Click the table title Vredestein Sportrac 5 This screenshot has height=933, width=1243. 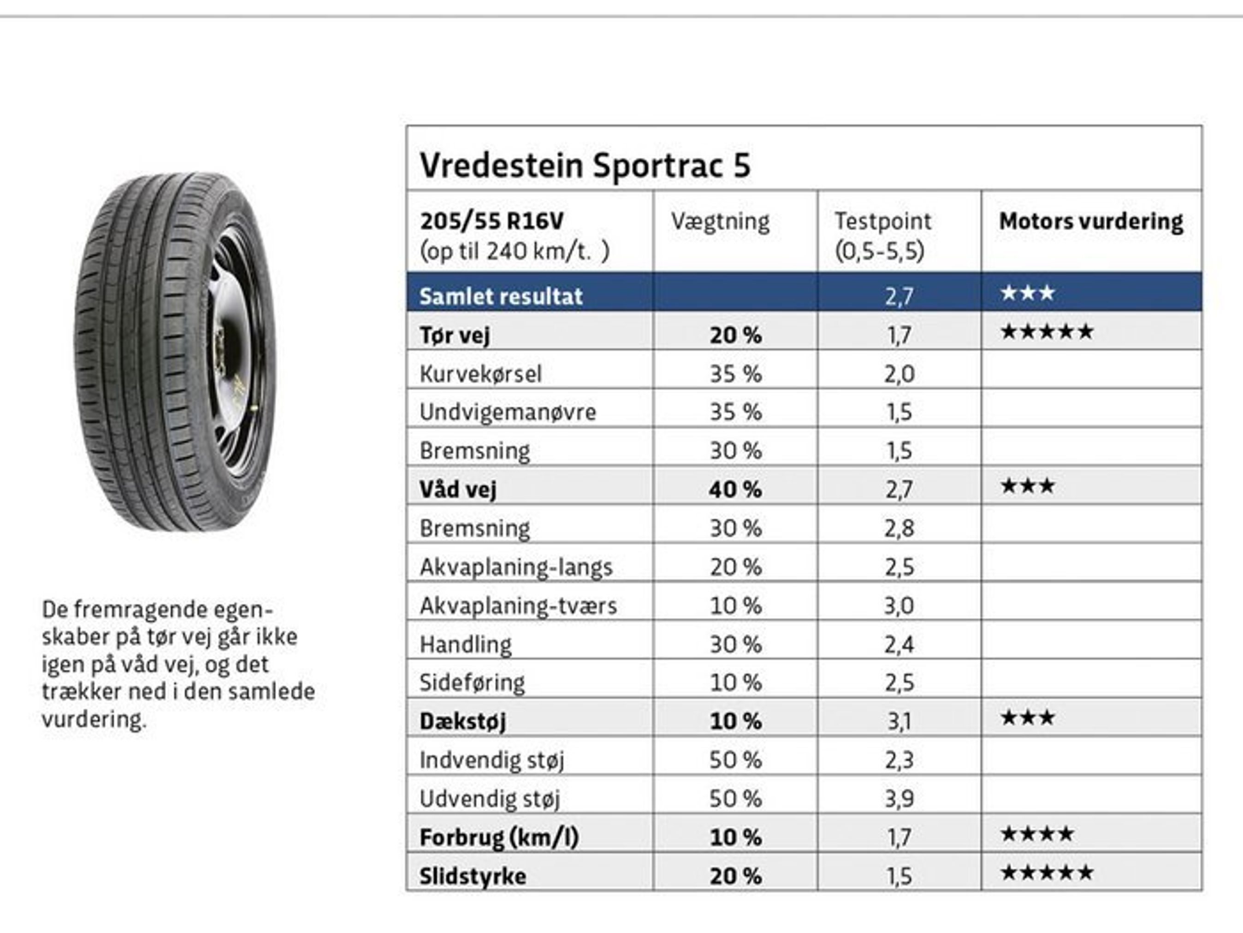585,166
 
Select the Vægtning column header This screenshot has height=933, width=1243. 720,221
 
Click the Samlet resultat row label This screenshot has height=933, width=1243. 501,296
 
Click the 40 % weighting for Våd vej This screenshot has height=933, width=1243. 735,489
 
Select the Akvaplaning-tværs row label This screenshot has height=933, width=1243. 518,606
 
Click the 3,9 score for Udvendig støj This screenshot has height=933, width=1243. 899,799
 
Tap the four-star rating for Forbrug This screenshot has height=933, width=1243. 1037,834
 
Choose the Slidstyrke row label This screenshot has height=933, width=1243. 473,876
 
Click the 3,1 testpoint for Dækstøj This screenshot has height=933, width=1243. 899,722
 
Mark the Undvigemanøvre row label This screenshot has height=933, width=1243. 508,412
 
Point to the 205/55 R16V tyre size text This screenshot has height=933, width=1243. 491,221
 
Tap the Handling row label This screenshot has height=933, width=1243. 465,645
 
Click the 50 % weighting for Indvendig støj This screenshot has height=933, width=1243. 735,760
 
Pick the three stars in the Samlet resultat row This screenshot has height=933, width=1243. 1027,293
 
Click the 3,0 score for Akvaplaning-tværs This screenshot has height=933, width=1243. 899,606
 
